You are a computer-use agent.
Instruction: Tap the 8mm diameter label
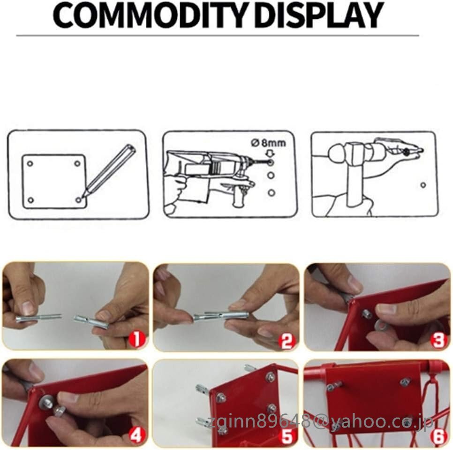pyautogui.click(x=268, y=143)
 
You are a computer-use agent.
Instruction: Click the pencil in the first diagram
pyautogui.click(x=109, y=171)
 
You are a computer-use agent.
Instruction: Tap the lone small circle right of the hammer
pyautogui.click(x=423, y=185)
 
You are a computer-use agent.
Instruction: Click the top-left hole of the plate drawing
pyautogui.click(x=30, y=164)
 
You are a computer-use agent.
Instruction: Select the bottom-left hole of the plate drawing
pyautogui.click(x=31, y=200)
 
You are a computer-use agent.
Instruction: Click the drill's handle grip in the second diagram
pyautogui.click(x=239, y=197)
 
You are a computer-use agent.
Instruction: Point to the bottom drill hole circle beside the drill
pyautogui.click(x=271, y=192)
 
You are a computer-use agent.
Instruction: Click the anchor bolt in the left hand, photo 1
pyautogui.click(x=38, y=318)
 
